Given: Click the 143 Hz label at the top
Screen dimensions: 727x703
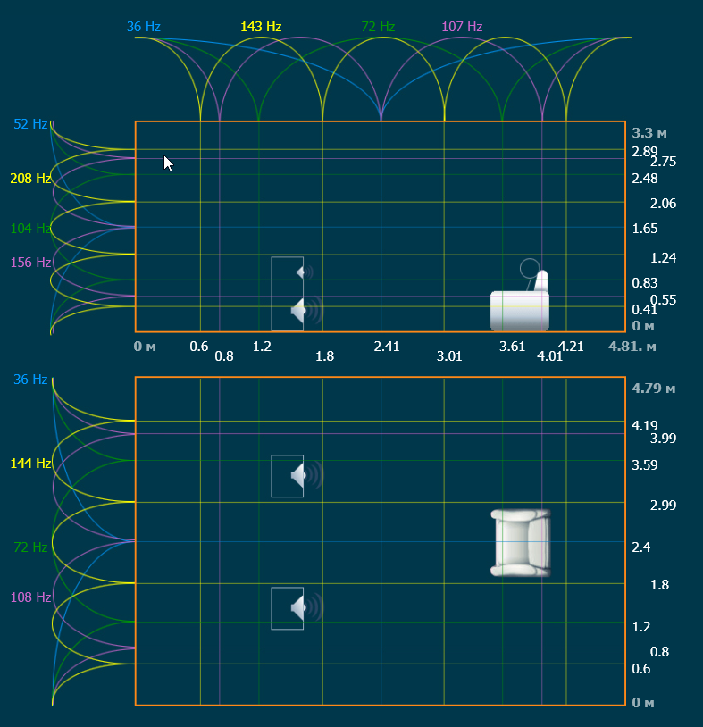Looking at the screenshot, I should (261, 27).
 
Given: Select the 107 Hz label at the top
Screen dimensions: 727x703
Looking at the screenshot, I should (462, 27).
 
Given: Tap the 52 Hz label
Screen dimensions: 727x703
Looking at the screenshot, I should (30, 123).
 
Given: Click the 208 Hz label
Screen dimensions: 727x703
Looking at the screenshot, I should (30, 179).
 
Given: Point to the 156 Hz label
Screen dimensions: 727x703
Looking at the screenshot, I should (30, 263).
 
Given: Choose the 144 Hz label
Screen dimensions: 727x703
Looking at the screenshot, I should (30, 464).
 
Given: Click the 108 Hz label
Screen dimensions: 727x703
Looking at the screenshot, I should (30, 597).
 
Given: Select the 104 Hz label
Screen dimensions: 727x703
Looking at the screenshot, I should (30, 229).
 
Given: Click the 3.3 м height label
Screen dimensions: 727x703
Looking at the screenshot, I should (649, 132).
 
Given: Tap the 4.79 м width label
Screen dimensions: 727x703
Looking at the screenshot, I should (653, 389).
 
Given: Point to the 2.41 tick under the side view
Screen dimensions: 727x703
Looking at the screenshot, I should (387, 347).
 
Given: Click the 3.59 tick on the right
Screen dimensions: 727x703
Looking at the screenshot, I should (644, 464).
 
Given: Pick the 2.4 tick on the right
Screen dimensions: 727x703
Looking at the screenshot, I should (640, 547).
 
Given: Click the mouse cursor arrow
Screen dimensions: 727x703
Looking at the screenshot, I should (168, 162).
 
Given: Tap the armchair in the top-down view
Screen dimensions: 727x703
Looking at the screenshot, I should (521, 542).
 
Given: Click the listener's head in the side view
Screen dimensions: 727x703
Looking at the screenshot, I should (530, 268).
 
